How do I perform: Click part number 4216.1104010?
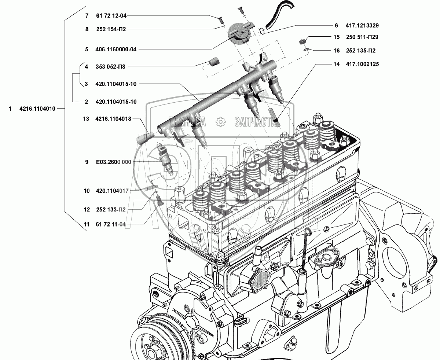(x=37, y=109)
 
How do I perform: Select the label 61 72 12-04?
(x=111, y=16)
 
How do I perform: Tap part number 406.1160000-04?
(x=116, y=49)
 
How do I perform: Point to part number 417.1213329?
(x=362, y=25)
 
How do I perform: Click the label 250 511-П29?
(x=362, y=37)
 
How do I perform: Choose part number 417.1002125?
(x=362, y=64)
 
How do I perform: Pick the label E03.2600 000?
(x=114, y=162)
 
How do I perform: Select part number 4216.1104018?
(x=113, y=119)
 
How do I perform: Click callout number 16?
(x=337, y=51)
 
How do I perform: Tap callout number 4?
(x=87, y=67)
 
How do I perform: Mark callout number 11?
(x=87, y=224)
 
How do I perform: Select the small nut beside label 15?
(x=302, y=41)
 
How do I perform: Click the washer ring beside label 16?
(x=306, y=49)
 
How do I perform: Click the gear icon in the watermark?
(x=220, y=122)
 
